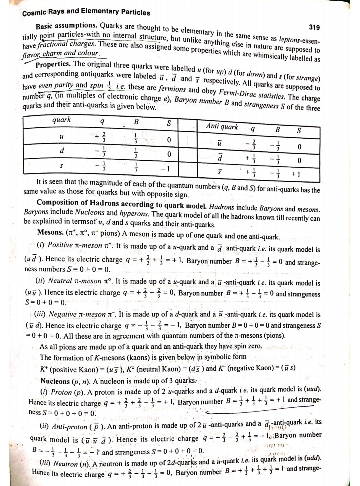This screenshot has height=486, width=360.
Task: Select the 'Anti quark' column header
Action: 222,126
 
